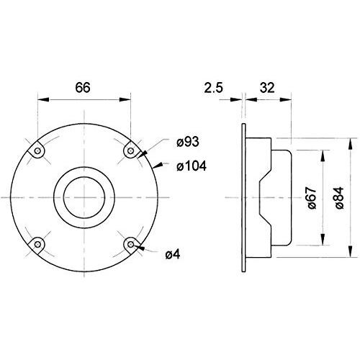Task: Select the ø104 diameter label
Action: pos(192,166)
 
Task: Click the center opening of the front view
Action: pos(84,197)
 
